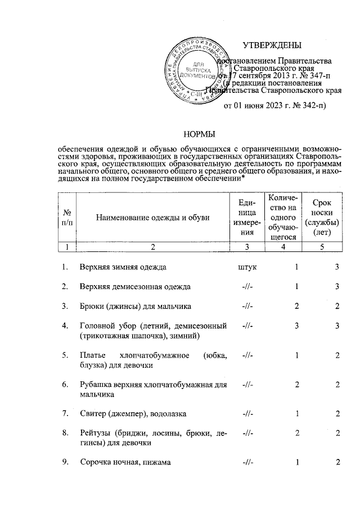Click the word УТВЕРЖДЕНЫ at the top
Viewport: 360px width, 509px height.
coord(272,45)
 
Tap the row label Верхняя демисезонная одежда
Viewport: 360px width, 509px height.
coord(135,286)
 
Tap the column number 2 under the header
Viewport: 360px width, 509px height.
coord(152,246)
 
